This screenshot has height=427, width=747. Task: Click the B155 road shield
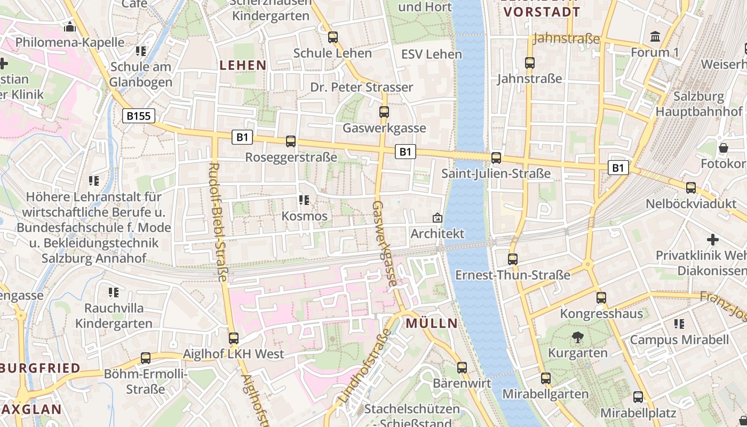tap(139, 116)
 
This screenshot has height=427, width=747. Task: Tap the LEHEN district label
tap(243, 65)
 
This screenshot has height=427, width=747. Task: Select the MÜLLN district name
tap(432, 323)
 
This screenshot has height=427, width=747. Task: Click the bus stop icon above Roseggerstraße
tap(291, 141)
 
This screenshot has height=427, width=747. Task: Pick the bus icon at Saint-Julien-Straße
tap(496, 157)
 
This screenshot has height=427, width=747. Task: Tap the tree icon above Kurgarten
tap(577, 337)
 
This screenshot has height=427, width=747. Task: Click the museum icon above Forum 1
tap(655, 36)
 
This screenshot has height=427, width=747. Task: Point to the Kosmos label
tap(304, 216)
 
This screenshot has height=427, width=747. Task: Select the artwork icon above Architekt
tap(438, 218)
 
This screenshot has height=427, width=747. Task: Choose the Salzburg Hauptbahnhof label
tap(698, 104)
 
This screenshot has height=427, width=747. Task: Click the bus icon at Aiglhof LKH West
tap(233, 338)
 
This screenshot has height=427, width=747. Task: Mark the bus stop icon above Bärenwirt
tap(462, 367)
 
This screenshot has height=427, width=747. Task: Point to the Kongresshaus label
tap(601, 313)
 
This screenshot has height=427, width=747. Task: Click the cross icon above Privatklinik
tap(712, 240)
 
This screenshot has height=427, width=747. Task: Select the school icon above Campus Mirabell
tap(679, 323)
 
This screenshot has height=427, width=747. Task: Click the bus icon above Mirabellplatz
tap(638, 397)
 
